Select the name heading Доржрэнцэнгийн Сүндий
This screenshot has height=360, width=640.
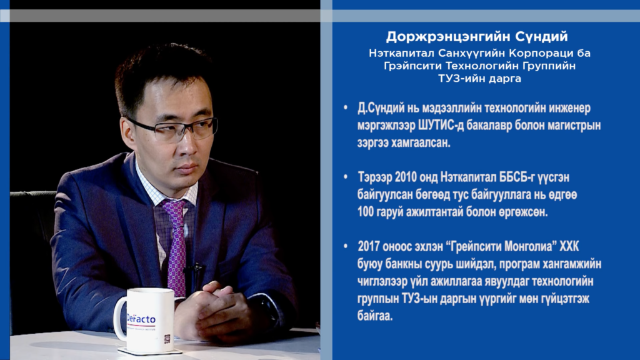tap(477, 37)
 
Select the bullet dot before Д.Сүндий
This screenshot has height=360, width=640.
tap(346, 107)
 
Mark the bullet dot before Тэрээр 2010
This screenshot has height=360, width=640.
tap(346, 177)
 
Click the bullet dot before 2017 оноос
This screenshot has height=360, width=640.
tap(346, 246)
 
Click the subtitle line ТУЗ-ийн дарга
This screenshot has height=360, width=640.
tap(479, 78)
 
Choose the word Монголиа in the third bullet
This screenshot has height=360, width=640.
tap(526, 247)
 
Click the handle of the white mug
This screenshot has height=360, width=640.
tap(119, 318)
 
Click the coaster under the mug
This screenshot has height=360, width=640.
tap(149, 351)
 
